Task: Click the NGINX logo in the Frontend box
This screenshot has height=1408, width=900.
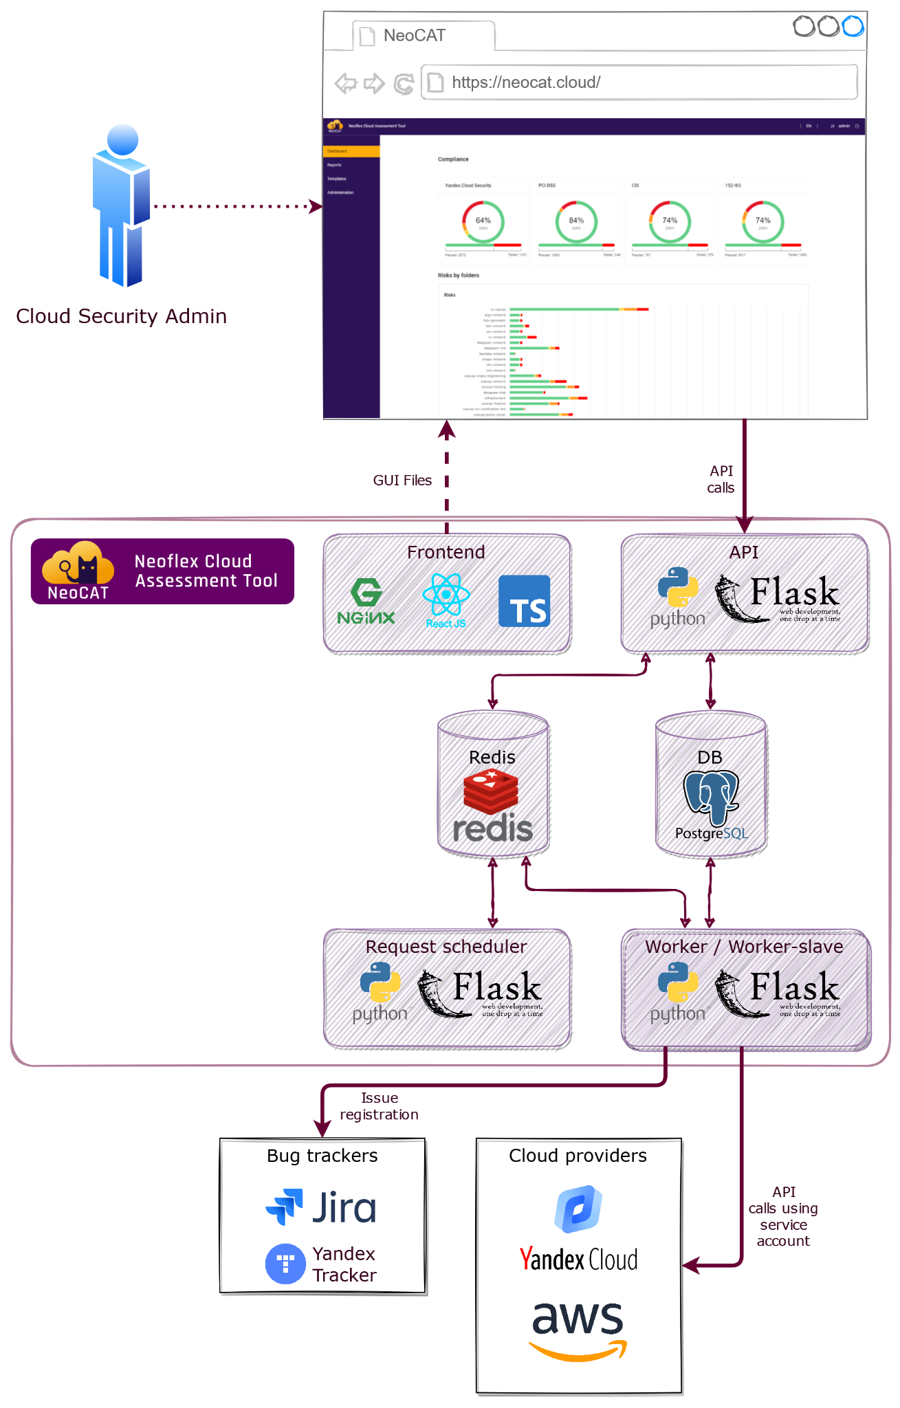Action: (x=366, y=602)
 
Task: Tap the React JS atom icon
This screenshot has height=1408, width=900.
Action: (x=446, y=596)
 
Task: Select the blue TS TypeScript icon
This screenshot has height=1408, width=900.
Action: (x=524, y=601)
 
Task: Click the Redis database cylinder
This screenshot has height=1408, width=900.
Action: (x=492, y=784)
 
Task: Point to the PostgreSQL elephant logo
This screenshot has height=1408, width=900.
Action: (x=711, y=797)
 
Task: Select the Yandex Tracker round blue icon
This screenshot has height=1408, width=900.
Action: (x=285, y=1264)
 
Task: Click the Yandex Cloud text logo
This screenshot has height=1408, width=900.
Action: (x=578, y=1259)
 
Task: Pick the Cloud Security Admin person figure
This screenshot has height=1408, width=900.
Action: (x=122, y=206)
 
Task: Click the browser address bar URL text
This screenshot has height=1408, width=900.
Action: (x=526, y=82)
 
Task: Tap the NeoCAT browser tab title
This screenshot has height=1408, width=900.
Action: (x=414, y=36)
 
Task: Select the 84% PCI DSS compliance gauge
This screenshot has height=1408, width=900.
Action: (x=576, y=221)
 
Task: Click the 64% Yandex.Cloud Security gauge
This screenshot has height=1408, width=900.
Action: (x=483, y=221)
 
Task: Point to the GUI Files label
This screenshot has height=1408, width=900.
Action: (x=402, y=481)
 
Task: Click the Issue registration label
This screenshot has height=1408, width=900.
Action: (x=379, y=1106)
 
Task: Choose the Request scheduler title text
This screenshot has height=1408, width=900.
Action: (x=446, y=947)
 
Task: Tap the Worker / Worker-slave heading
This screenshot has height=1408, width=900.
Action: (x=744, y=947)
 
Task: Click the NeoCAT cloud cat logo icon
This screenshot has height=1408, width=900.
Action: (x=78, y=571)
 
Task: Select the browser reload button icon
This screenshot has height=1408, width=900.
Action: (x=404, y=84)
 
